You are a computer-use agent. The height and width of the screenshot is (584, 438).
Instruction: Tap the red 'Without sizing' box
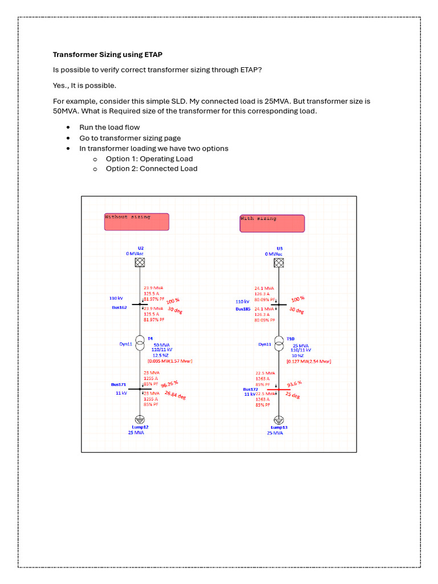136,221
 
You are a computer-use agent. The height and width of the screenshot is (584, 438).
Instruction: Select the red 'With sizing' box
272,223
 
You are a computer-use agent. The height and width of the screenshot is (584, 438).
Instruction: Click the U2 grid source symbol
140,262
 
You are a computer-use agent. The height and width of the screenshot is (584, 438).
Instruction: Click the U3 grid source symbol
279,262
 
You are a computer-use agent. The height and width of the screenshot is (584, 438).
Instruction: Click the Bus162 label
119,307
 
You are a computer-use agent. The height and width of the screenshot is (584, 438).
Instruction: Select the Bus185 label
244,309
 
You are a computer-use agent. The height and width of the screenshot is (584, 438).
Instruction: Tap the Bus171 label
119,384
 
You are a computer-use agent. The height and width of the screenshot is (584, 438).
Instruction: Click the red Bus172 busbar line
279,390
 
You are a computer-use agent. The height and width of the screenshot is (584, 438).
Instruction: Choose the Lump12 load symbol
140,419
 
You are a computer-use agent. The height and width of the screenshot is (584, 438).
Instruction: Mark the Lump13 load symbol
279,420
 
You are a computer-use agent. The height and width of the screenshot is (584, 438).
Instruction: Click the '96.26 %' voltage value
171,385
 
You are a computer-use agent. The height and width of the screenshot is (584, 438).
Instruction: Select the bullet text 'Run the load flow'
109,127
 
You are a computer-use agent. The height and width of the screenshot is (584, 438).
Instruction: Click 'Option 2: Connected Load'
151,169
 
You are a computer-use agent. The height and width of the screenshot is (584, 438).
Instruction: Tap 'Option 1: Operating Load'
149,159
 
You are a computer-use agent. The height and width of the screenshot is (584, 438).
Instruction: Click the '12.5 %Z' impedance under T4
161,355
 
